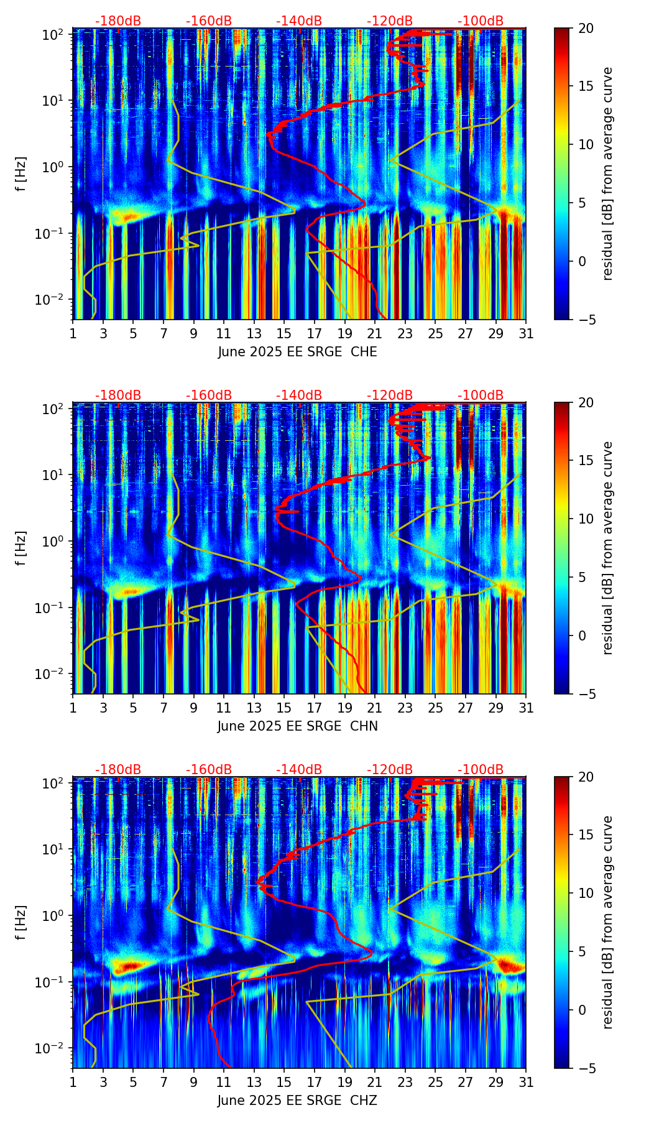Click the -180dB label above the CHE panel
click(118, 21)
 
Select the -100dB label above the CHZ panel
click(481, 770)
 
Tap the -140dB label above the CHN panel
click(299, 395)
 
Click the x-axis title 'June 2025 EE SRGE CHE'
click(297, 352)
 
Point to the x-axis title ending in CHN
click(297, 726)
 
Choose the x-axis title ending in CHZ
click(297, 1101)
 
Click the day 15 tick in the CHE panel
click(284, 334)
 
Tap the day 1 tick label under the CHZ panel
click(73, 1083)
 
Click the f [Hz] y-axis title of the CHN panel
click(21, 548)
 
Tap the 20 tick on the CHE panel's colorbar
click(585, 28)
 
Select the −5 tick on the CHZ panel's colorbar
click(585, 1068)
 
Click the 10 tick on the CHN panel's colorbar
click(585, 519)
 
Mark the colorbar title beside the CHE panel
click(607, 173)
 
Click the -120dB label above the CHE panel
click(390, 21)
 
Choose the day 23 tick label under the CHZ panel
click(405, 1083)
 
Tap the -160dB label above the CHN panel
click(209, 395)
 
